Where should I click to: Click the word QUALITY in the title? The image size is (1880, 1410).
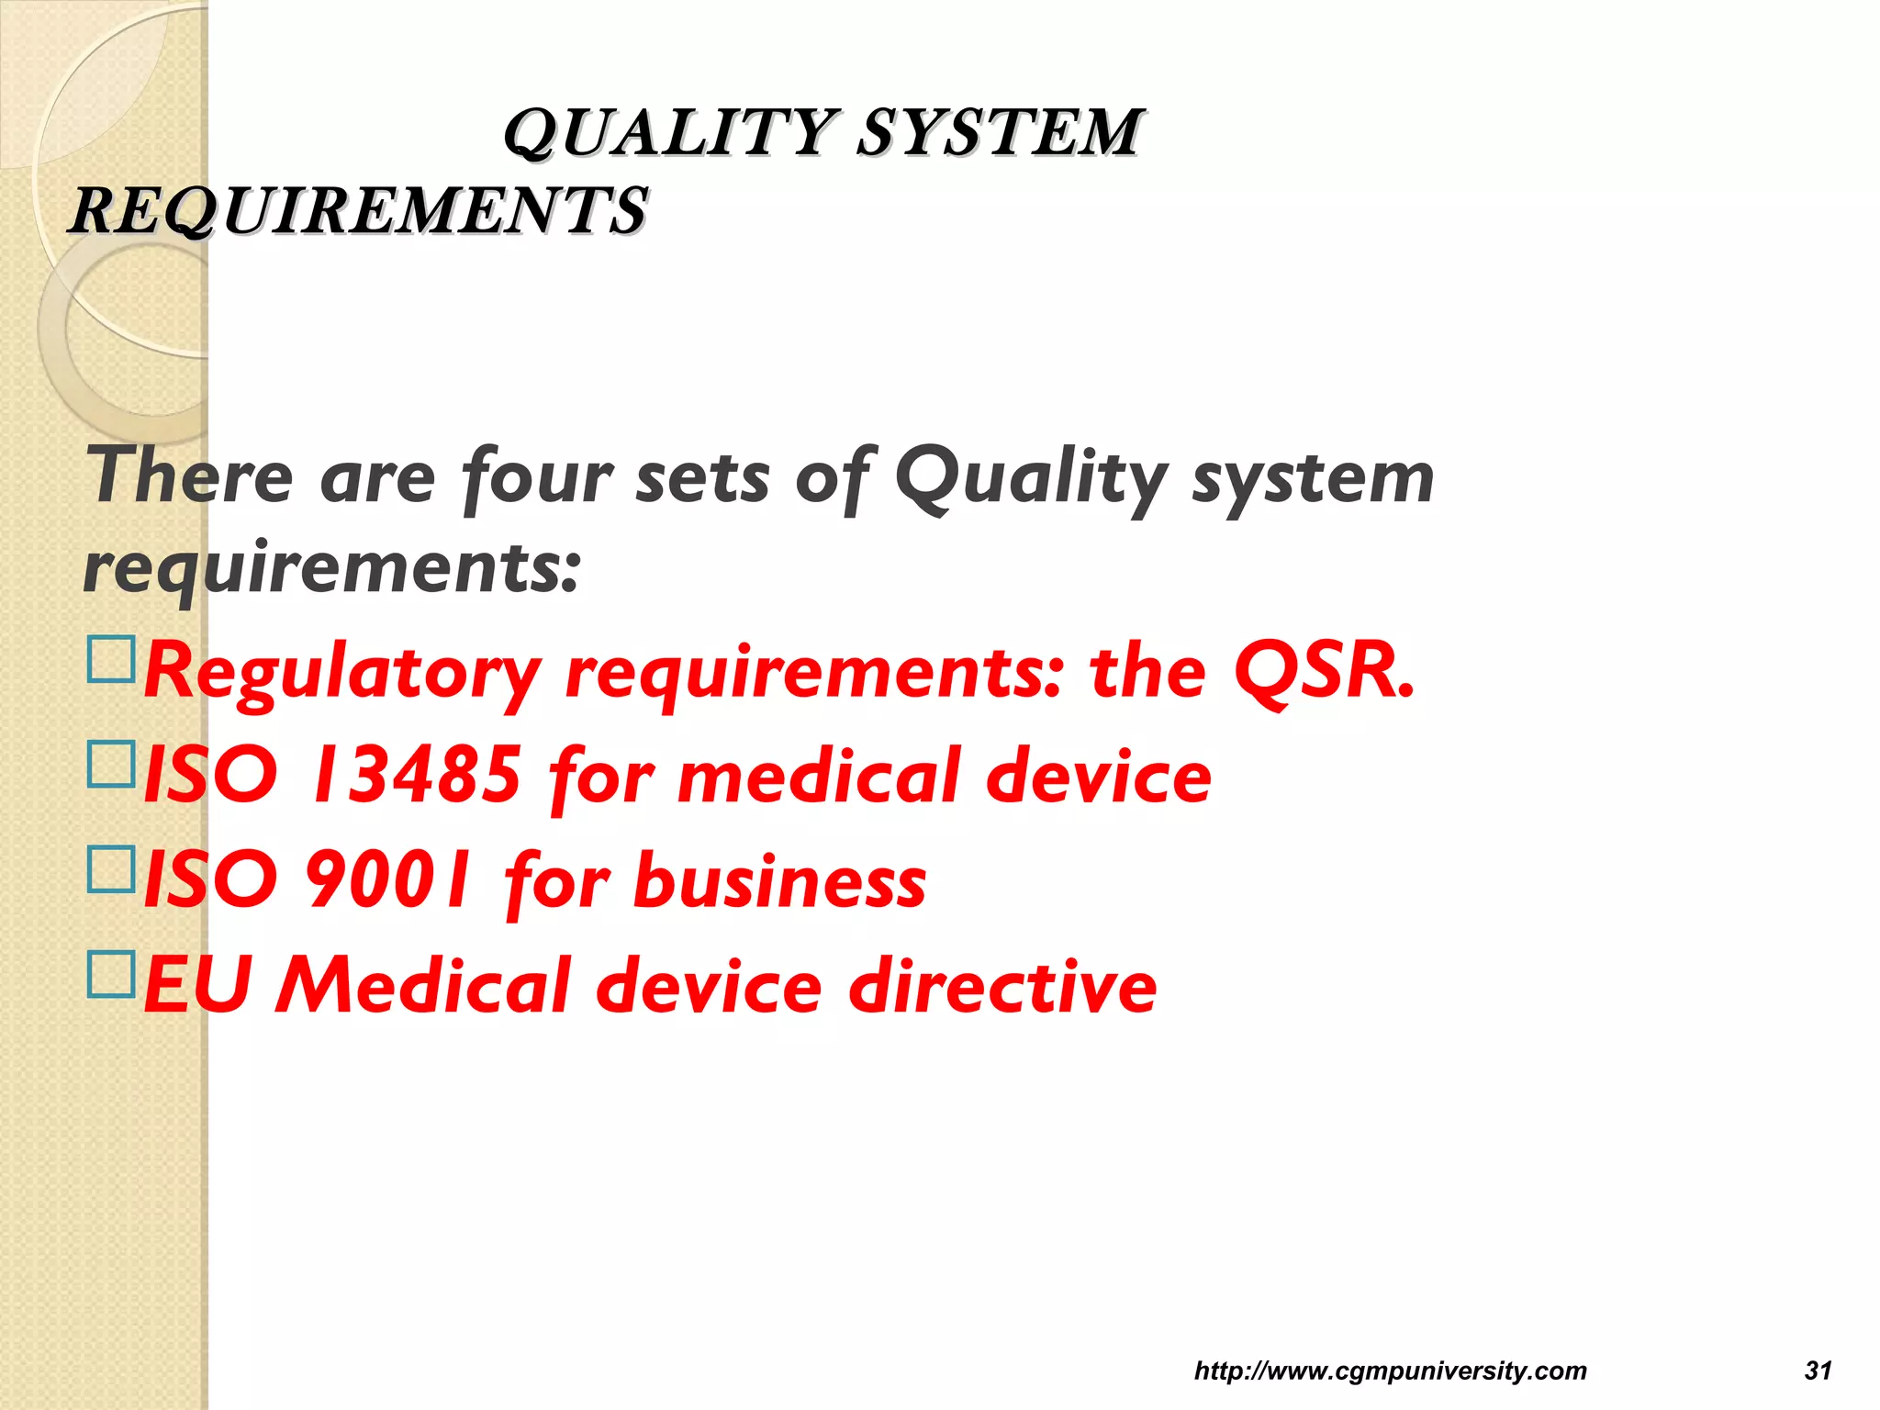(x=670, y=133)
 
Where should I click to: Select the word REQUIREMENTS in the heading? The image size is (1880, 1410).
(x=358, y=211)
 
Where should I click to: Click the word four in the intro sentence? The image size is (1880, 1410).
(x=537, y=477)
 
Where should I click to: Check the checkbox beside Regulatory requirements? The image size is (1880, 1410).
(x=111, y=659)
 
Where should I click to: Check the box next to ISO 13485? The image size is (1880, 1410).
(x=111, y=764)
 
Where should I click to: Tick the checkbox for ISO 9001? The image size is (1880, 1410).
(x=111, y=868)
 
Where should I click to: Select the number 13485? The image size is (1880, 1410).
(x=418, y=776)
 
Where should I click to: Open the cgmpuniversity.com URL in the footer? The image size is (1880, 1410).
(x=1390, y=1371)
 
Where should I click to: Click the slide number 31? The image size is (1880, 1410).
(x=1818, y=1371)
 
